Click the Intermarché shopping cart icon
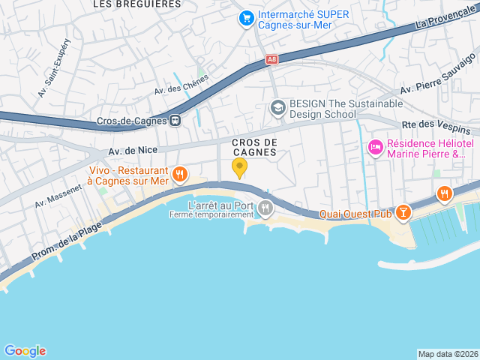coord(245,17)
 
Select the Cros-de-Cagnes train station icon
coord(175,120)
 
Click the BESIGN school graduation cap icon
coord(278,109)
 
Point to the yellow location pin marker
coord(239,167)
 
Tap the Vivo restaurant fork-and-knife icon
coord(179,175)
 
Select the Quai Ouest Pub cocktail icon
coord(403,214)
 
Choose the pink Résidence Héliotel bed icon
coord(374,148)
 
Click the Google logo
coord(25,350)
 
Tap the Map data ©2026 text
coord(447,354)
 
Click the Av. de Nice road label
coord(133,151)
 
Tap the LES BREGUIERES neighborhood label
coord(136,4)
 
